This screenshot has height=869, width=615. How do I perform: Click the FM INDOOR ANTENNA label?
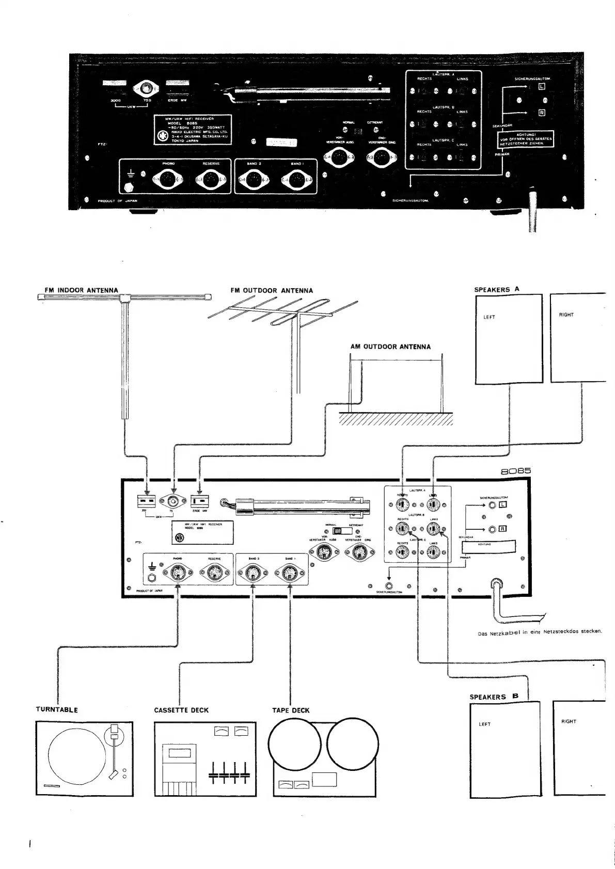tap(82, 290)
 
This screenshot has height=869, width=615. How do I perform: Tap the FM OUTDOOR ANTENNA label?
tap(272, 291)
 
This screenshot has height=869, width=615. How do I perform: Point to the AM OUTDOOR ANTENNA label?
tap(390, 346)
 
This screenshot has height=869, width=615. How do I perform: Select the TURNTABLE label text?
tap(57, 709)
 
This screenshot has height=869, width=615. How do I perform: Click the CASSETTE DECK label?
tap(181, 710)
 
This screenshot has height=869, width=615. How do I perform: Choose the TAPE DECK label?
tap(291, 710)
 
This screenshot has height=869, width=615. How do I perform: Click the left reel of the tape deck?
tap(295, 744)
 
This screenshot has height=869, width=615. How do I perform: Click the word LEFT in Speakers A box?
tap(489, 317)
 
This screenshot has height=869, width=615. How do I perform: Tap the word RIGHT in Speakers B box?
tap(568, 721)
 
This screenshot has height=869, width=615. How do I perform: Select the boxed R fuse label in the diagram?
tap(503, 529)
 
